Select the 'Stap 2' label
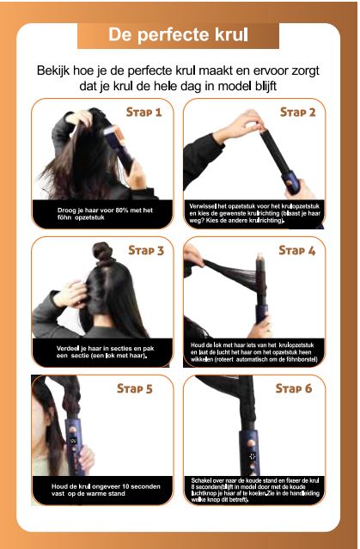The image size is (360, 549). [x=297, y=112]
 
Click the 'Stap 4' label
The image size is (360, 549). [x=297, y=251]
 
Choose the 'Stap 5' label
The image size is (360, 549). [x=135, y=388]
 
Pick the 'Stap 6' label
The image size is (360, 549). [x=295, y=388]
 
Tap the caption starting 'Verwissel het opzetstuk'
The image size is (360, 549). [x=254, y=213]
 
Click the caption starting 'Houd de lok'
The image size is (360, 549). [x=254, y=351]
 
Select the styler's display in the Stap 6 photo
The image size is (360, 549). [x=253, y=455]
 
